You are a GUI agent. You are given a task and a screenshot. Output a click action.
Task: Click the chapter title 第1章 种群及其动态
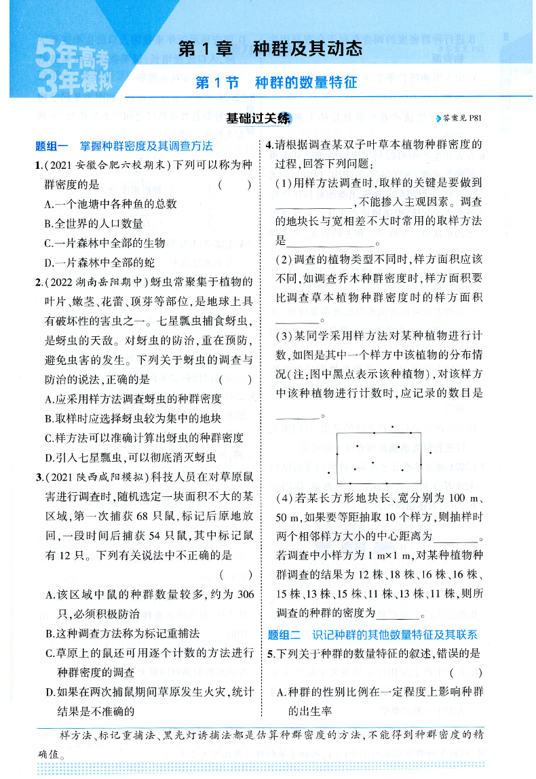tap(269, 49)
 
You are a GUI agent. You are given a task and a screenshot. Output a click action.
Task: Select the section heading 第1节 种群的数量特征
tap(275, 83)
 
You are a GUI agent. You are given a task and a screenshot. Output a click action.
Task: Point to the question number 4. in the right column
tap(269, 145)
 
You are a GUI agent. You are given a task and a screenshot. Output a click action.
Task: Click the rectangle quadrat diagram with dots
tap(379, 458)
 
